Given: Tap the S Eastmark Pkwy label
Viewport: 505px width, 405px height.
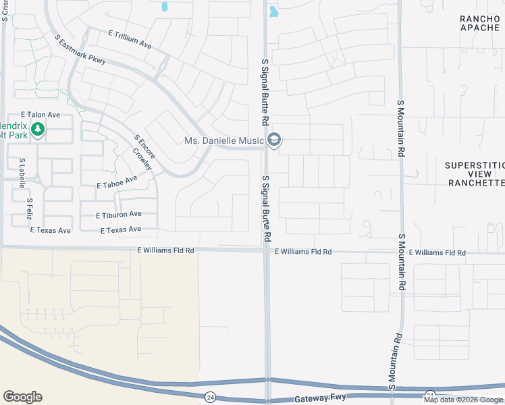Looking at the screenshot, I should click(81, 51).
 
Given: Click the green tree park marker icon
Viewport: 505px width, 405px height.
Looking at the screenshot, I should click(38, 128).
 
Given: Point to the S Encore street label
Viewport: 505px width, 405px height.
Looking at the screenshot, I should click(144, 146).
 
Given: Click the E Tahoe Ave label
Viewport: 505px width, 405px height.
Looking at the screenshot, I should click(117, 182).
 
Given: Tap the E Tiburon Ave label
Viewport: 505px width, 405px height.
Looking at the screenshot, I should click(119, 215).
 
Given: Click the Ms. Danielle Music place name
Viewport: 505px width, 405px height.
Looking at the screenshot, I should click(225, 141).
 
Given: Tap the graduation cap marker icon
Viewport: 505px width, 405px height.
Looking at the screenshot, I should click(274, 140).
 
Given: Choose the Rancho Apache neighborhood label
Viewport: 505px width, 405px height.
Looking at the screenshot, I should click(479, 23).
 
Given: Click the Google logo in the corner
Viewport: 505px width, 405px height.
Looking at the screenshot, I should click(22, 397).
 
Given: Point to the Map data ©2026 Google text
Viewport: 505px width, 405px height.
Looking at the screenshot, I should click(463, 400).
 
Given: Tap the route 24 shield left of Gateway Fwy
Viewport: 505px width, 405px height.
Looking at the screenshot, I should click(211, 397).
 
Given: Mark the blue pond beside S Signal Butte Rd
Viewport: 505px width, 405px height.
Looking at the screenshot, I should click(273, 11).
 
